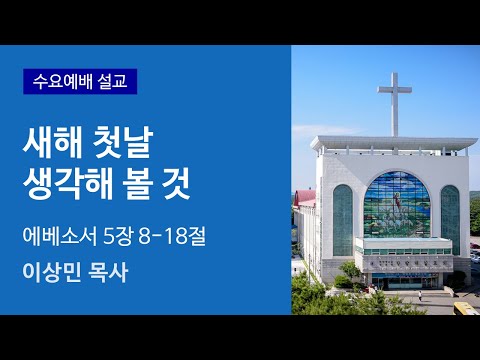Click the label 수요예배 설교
pos(80,80)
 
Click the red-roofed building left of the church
pos(306,201)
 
